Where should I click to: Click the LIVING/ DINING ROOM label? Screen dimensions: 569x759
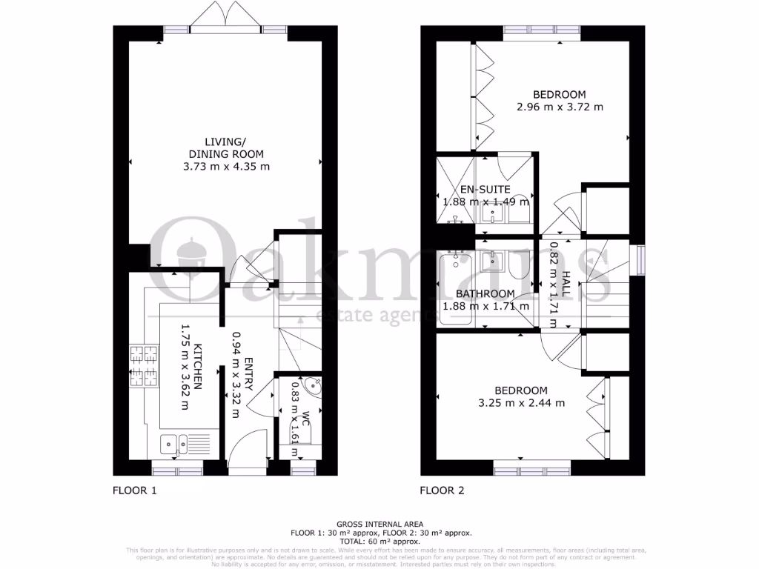click(x=226, y=147)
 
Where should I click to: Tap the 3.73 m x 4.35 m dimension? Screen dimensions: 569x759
click(x=226, y=167)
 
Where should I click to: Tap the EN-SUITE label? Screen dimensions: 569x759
click(x=485, y=189)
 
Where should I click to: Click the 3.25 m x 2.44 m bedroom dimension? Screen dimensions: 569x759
click(x=522, y=403)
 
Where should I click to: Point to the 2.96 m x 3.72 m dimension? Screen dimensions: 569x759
click(x=560, y=107)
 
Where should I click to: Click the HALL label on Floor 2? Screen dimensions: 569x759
click(x=566, y=284)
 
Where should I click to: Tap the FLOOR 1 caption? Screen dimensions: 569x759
click(x=135, y=490)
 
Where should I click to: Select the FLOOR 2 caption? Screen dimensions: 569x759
click(x=443, y=490)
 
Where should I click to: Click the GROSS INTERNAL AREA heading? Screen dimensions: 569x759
click(x=379, y=524)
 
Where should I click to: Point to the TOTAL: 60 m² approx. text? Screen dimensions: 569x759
click(x=379, y=542)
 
